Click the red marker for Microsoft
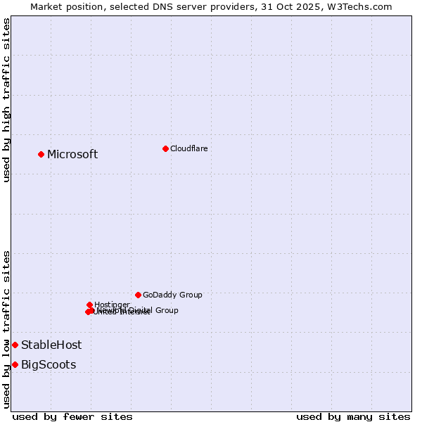[x=41, y=154]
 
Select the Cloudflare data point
[x=165, y=148]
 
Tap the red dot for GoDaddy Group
[x=138, y=295]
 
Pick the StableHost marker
[x=15, y=345]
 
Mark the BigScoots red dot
[x=15, y=364]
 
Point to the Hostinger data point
[x=89, y=305]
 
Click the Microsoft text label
[x=72, y=155]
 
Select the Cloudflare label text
[x=188, y=148]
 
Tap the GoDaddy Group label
[x=172, y=295]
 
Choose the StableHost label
[x=51, y=345]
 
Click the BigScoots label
[x=49, y=365]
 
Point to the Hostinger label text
[x=112, y=305]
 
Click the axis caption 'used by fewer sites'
[x=72, y=416]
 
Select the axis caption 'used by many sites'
[x=353, y=416]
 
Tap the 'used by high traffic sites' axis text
[x=6, y=100]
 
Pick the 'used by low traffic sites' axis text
[x=6, y=329]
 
